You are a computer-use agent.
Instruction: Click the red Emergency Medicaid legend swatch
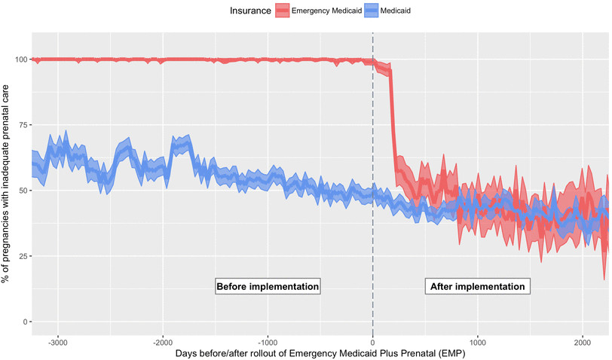[x=281, y=10]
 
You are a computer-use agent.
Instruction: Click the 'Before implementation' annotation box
[x=268, y=287]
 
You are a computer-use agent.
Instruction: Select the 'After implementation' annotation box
[x=477, y=287]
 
